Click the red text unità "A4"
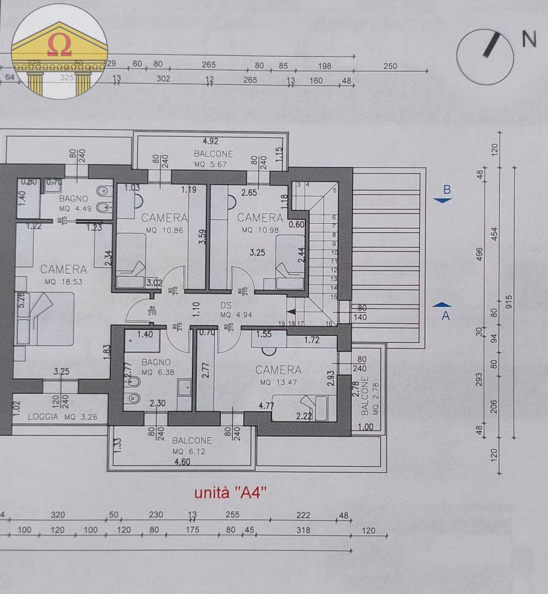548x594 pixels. click(231, 493)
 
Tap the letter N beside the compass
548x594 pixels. click(529, 39)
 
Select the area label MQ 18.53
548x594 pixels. click(63, 282)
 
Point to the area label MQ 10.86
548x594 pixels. click(164, 230)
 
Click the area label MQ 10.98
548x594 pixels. click(260, 230)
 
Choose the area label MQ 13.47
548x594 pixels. click(278, 382)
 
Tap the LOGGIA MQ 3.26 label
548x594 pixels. click(60, 416)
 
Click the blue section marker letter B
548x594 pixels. click(447, 189)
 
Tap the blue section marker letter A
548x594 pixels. click(446, 315)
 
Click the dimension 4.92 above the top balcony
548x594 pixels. click(210, 141)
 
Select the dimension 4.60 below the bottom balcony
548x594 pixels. click(182, 462)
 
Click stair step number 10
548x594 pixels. click(333, 253)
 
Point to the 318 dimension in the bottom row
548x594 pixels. click(303, 530)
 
